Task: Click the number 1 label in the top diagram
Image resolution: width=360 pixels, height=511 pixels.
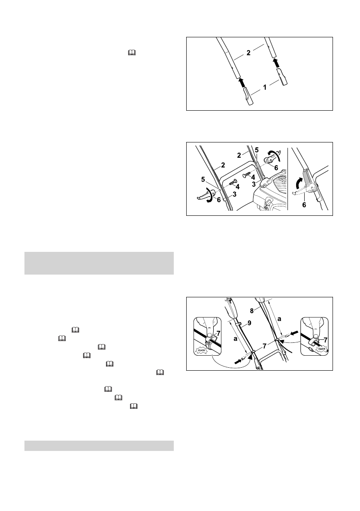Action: (x=265, y=88)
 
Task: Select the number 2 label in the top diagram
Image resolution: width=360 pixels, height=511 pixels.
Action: (x=248, y=53)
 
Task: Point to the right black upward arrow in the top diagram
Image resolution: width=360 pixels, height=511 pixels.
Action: (x=275, y=63)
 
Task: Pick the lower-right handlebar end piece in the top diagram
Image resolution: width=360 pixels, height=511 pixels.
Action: (x=282, y=77)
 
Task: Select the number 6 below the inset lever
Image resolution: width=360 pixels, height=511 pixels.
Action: (x=304, y=205)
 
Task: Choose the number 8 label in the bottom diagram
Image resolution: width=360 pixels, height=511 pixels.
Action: (x=252, y=311)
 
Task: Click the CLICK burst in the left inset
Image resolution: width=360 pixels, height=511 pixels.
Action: (x=201, y=351)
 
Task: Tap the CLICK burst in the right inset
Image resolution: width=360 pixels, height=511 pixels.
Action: (x=322, y=349)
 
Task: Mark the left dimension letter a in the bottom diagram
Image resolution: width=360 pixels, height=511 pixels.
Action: (x=235, y=339)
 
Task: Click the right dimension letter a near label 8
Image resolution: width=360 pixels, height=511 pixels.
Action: (x=279, y=319)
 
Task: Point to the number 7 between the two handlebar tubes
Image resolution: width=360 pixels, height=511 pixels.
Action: (x=264, y=346)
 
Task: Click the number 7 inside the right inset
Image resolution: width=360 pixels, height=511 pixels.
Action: (x=325, y=339)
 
